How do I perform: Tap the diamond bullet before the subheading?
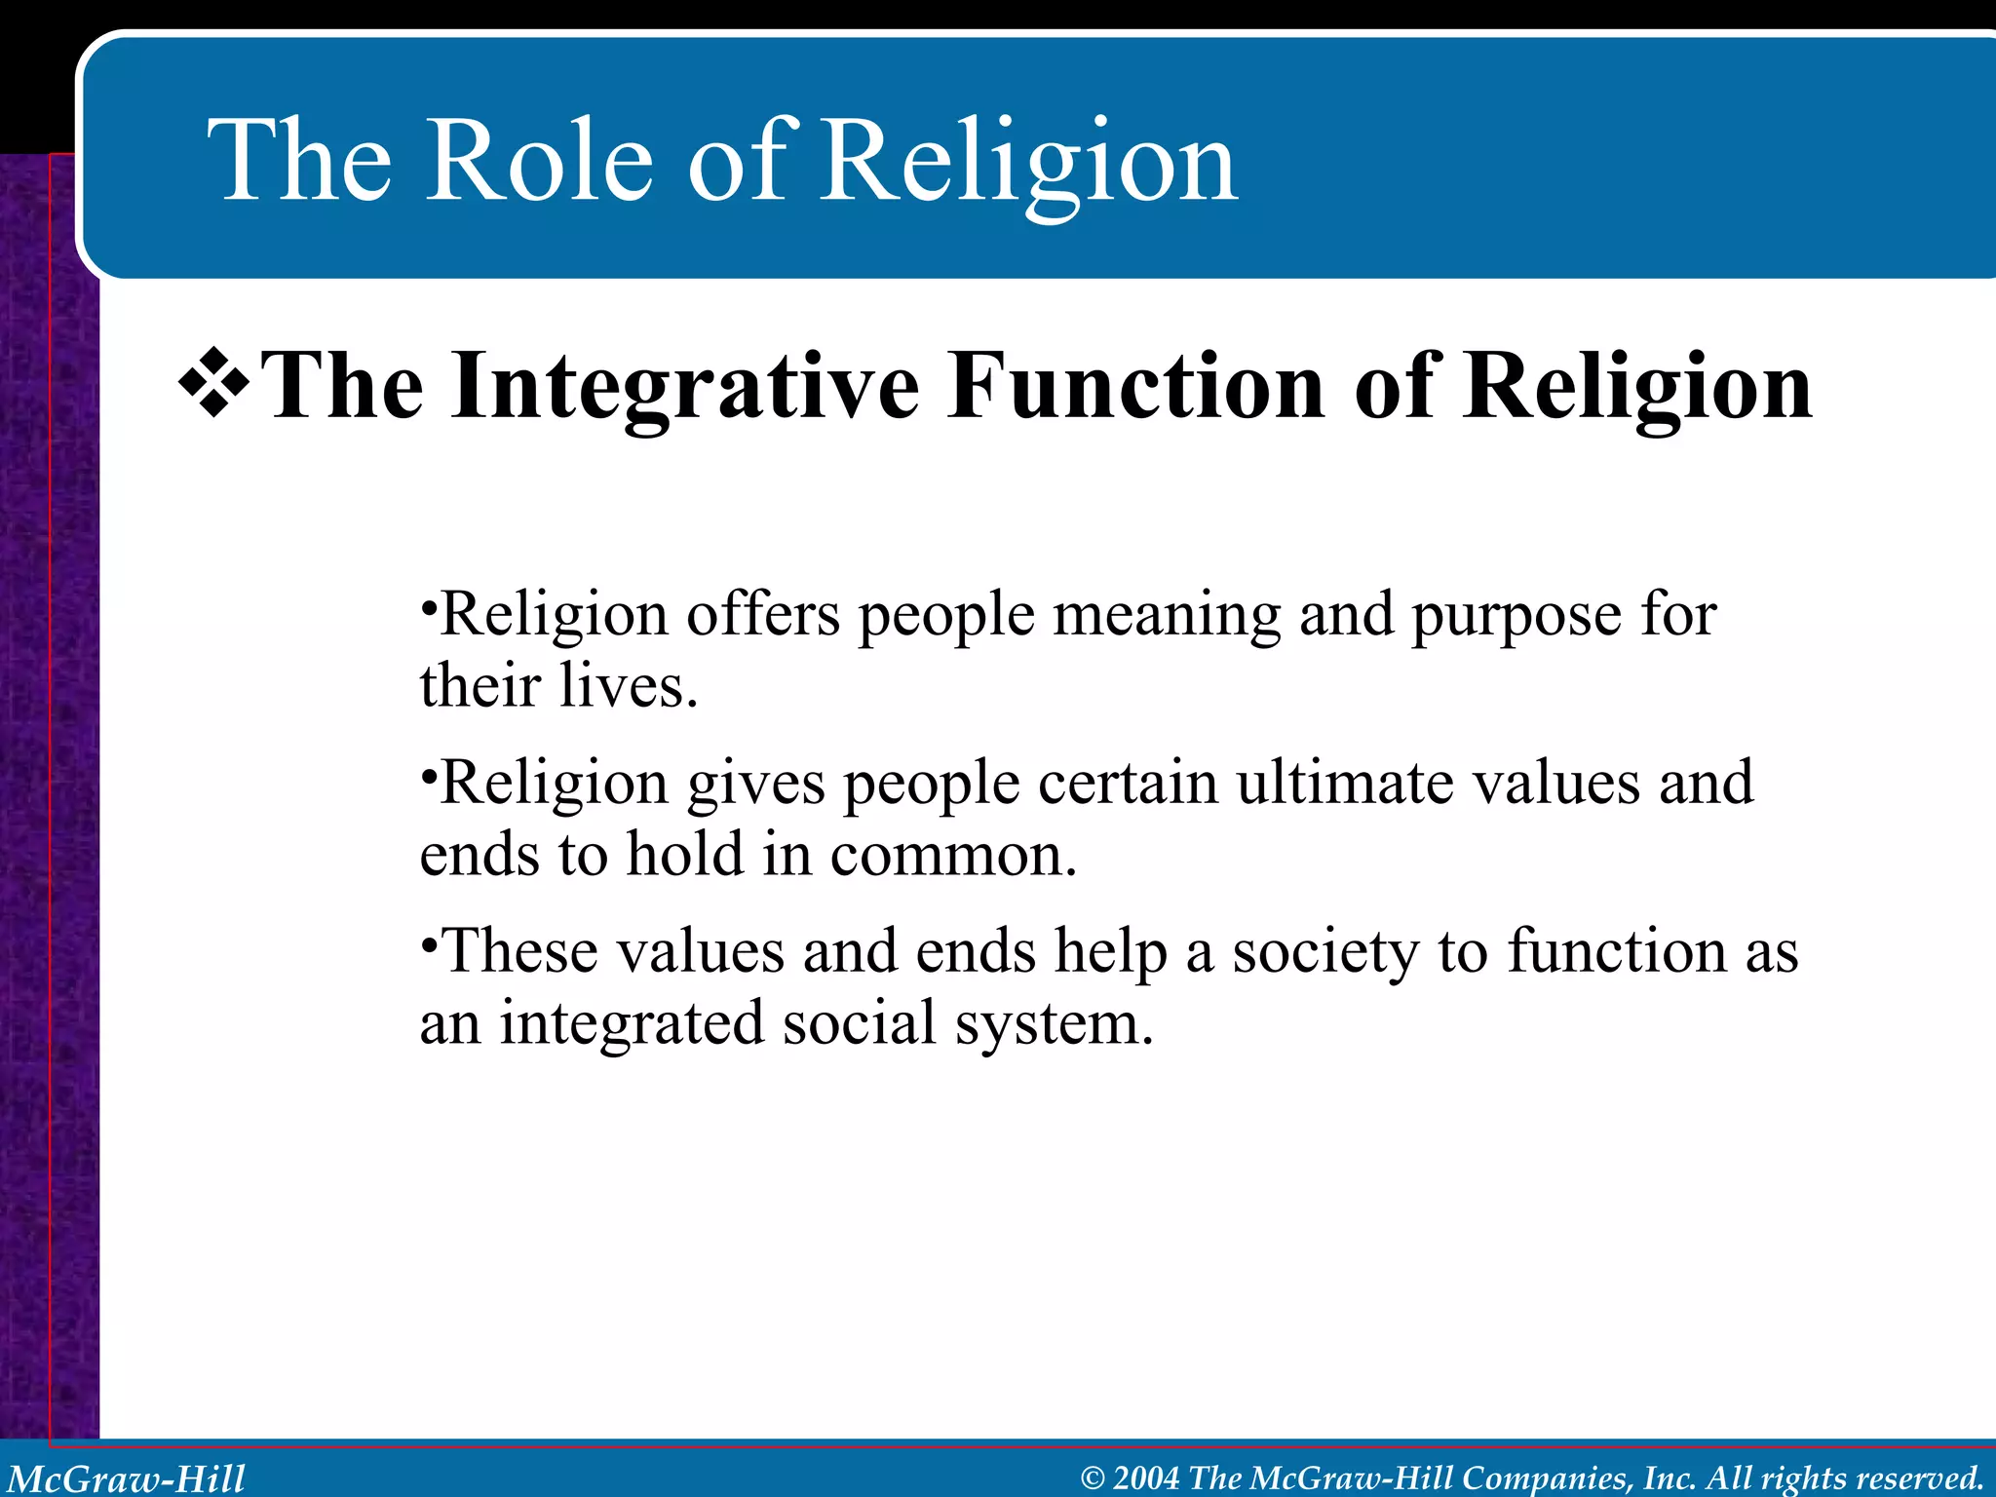(213, 385)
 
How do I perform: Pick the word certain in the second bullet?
(1128, 783)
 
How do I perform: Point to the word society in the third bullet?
(1325, 952)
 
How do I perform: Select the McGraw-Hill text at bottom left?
(127, 1478)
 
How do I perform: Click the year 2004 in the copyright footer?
(1146, 1478)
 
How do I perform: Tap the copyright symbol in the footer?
(1093, 1478)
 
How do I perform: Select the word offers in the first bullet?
(762, 615)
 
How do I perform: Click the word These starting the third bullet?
(517, 951)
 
